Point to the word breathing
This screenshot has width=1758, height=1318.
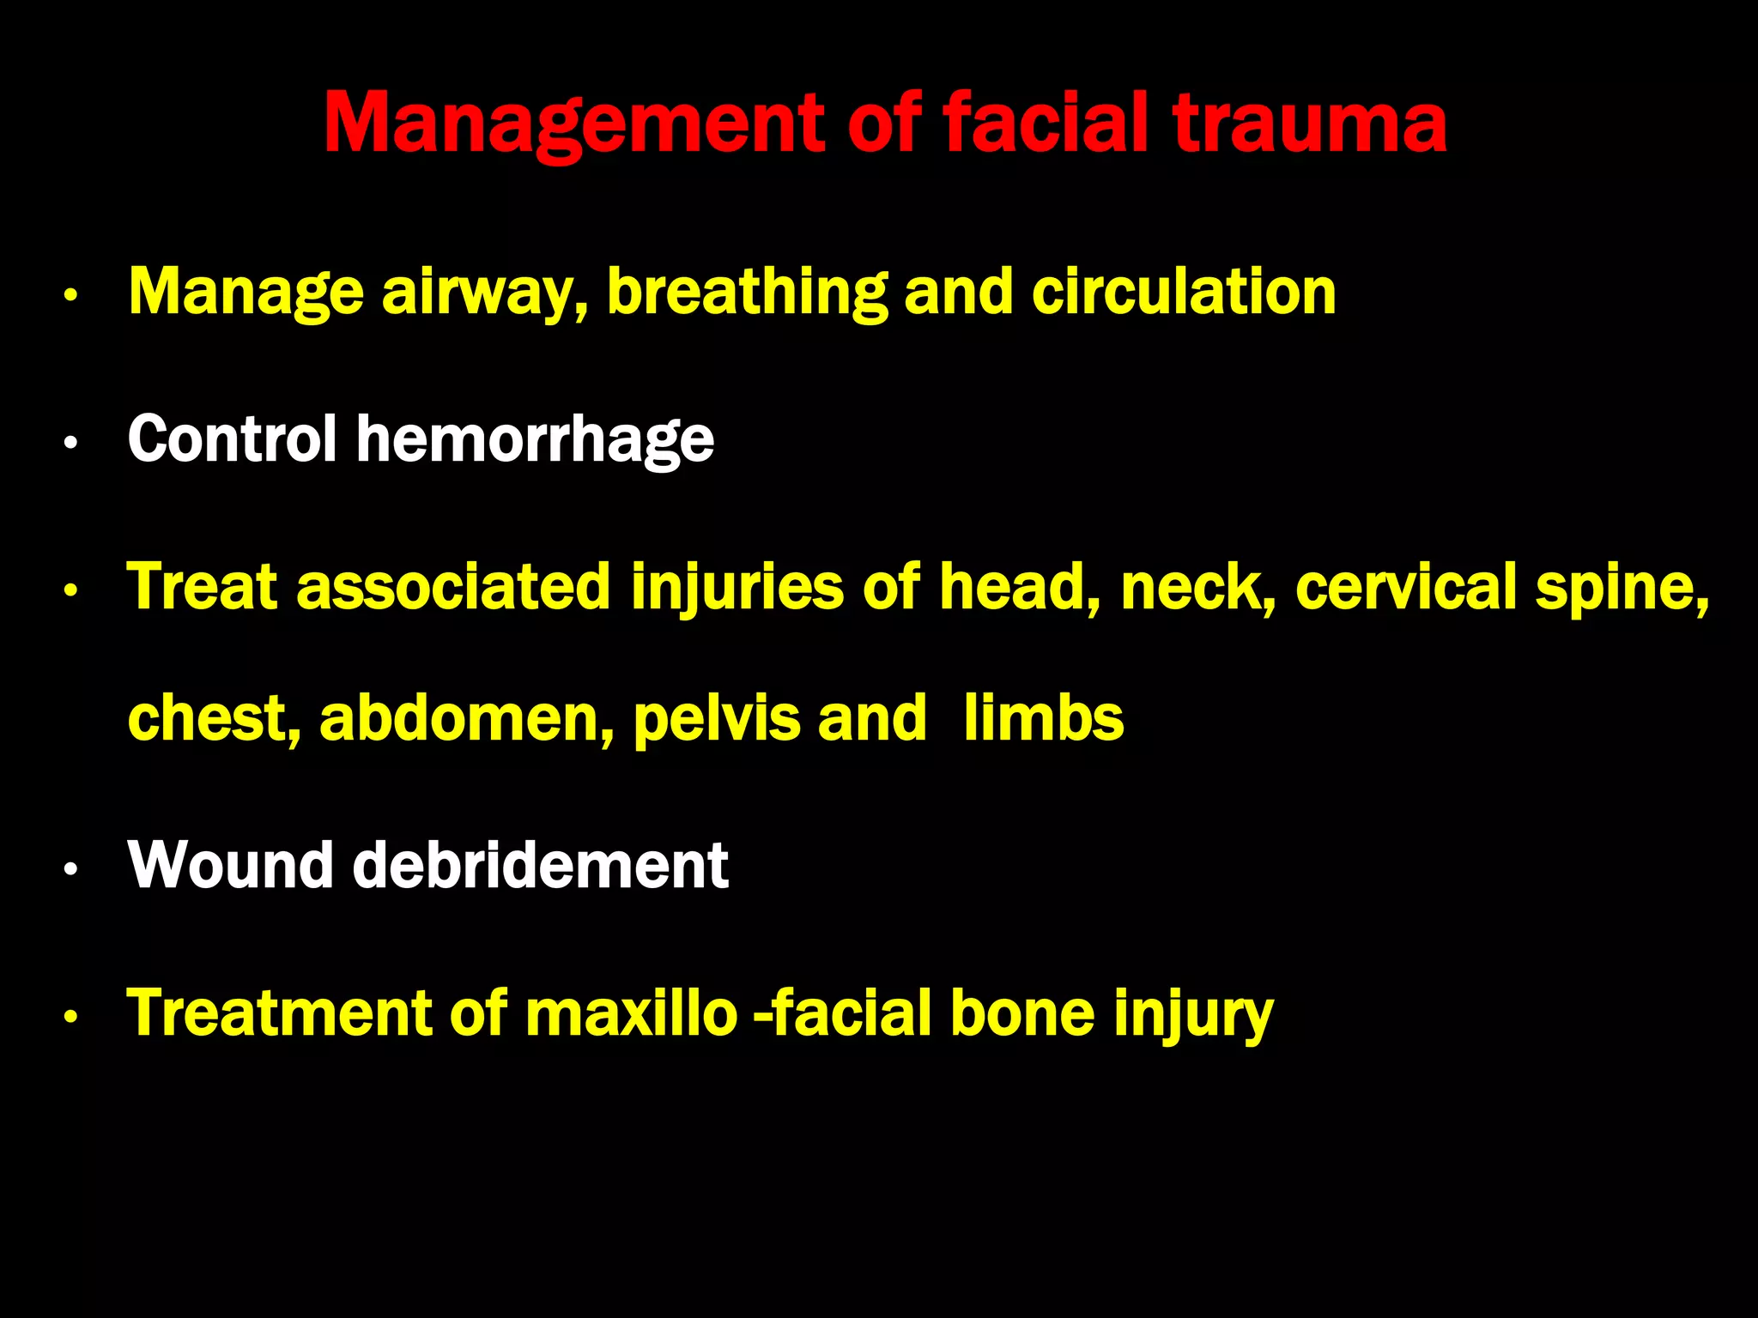pos(746,293)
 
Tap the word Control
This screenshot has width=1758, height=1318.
pos(232,439)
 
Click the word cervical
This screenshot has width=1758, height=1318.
pos(1406,587)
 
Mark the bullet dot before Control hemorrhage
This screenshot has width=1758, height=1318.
pos(71,444)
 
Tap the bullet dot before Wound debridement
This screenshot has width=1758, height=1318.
pos(71,869)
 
